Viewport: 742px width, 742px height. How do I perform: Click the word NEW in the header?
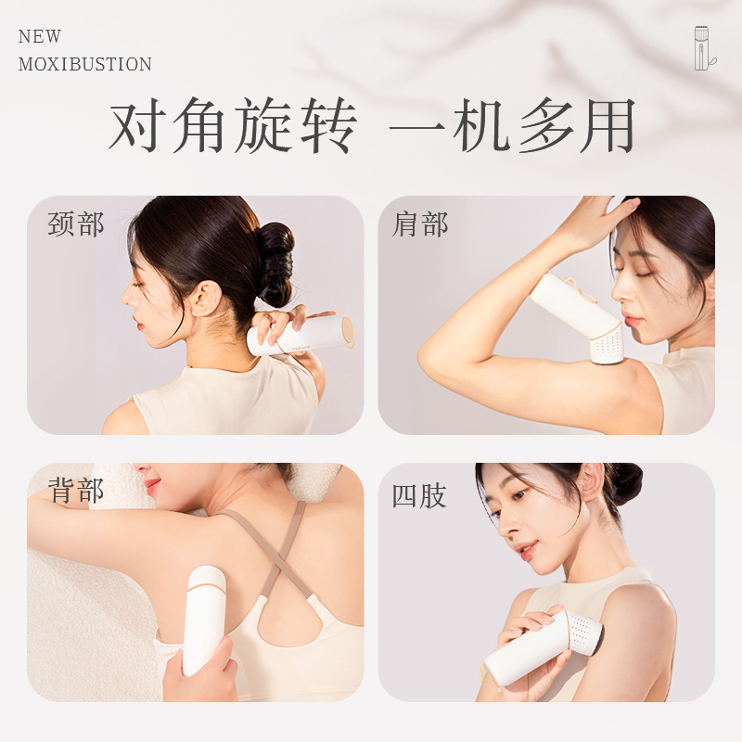(40, 36)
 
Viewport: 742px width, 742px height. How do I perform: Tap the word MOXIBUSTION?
(85, 64)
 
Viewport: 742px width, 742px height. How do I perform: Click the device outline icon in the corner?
(705, 48)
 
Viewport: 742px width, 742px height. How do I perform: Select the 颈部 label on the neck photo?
(76, 224)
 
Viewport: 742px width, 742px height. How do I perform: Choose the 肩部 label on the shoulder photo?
(420, 224)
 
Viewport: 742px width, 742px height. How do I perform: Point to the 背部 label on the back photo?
(76, 491)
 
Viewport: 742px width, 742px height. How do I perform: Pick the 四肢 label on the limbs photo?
(419, 495)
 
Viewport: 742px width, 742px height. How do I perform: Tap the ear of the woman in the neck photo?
(206, 298)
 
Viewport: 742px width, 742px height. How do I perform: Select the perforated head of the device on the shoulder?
(606, 344)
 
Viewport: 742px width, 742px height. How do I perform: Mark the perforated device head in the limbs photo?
(584, 632)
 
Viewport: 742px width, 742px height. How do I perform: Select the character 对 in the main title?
(138, 125)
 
